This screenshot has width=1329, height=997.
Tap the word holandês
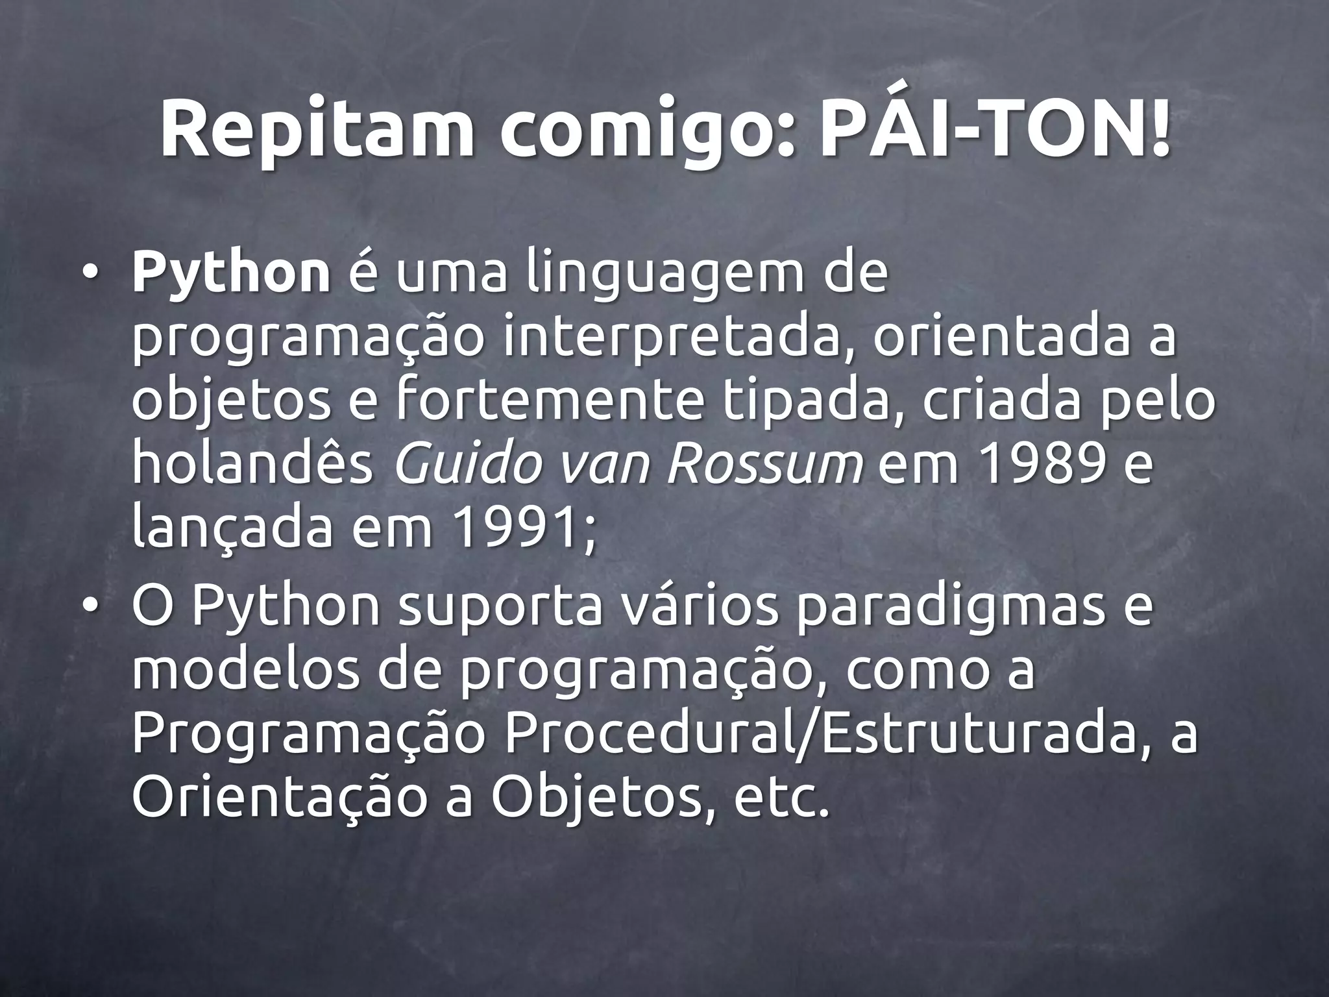253,463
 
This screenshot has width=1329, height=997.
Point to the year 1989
1044,463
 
